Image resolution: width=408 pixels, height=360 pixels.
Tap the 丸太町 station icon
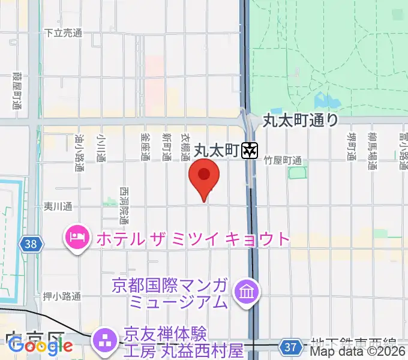(x=249, y=150)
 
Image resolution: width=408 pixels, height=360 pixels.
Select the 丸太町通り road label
(x=301, y=121)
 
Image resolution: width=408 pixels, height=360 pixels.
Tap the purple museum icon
(x=248, y=292)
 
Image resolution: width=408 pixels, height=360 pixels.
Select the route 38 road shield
(x=31, y=244)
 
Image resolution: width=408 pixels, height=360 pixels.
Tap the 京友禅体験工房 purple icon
(x=105, y=340)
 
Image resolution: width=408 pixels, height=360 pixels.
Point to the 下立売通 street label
(x=63, y=34)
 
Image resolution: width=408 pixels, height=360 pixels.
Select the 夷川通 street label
(x=58, y=206)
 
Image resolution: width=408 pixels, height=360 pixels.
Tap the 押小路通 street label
(x=62, y=297)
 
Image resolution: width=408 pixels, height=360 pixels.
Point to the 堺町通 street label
(x=352, y=146)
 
